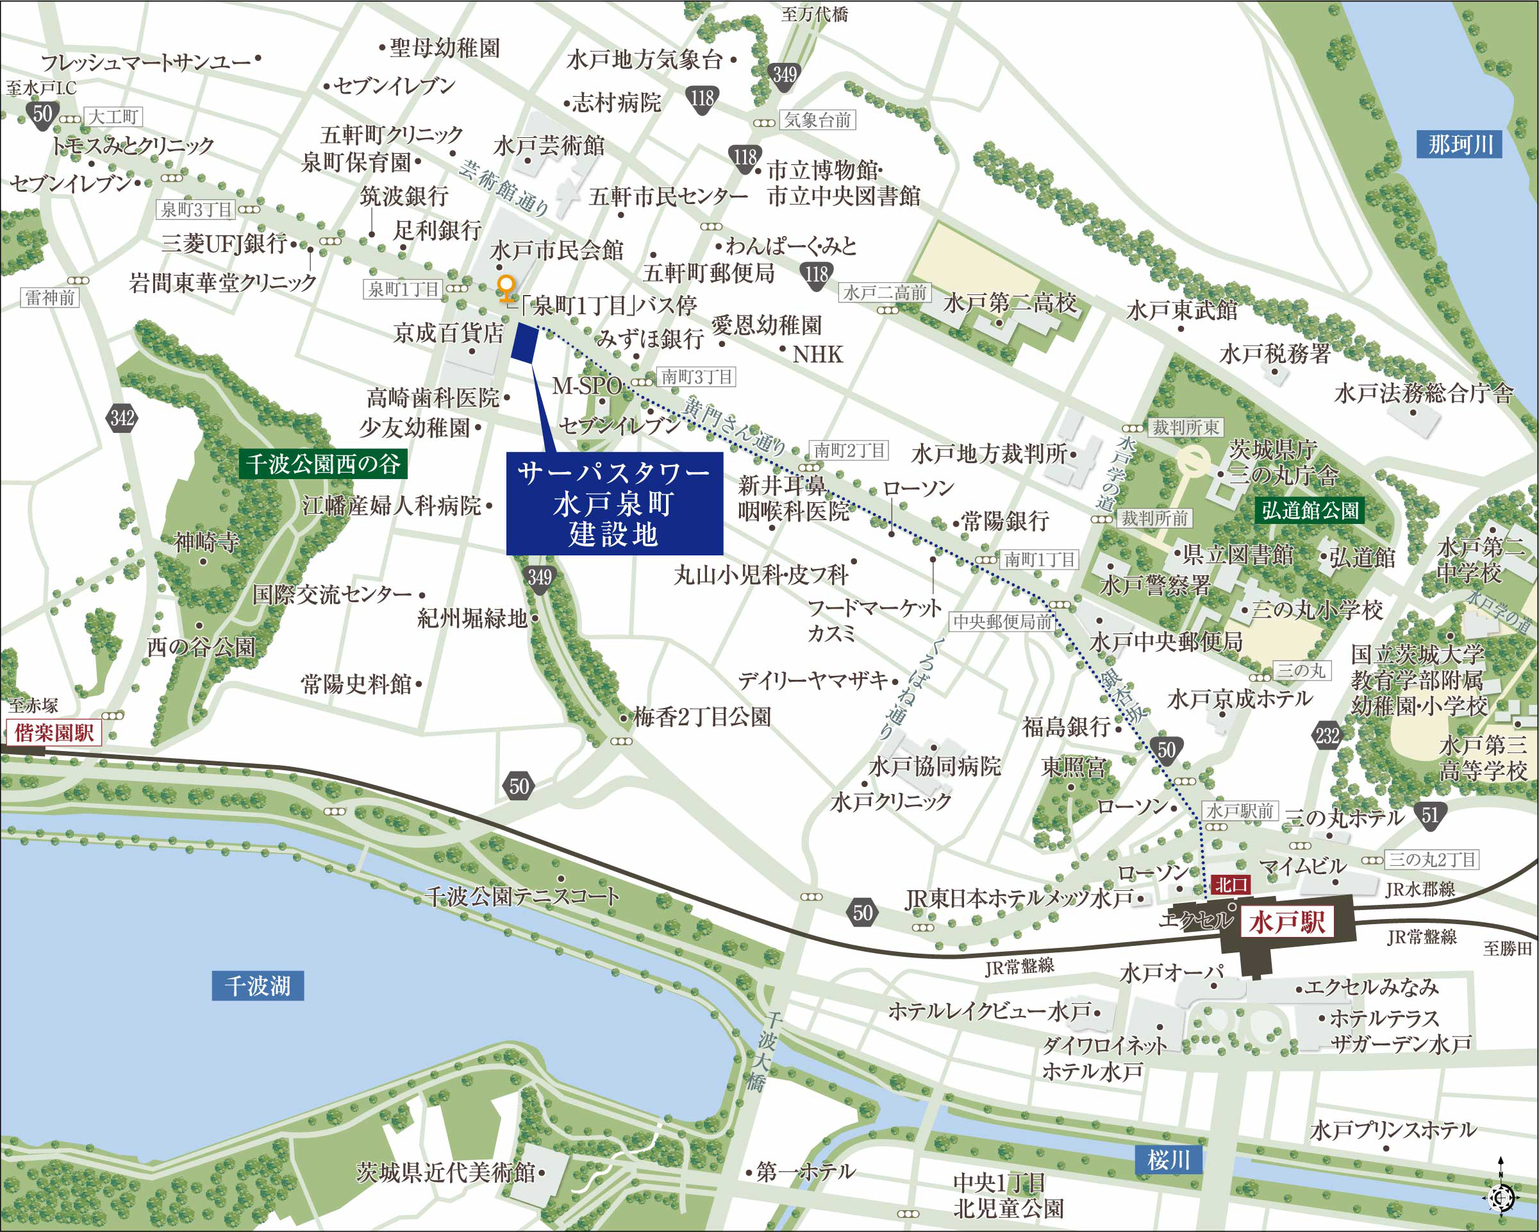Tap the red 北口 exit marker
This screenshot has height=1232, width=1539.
click(1231, 885)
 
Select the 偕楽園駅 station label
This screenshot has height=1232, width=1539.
click(54, 733)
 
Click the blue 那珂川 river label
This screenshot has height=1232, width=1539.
click(1459, 145)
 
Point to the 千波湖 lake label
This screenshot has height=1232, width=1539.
click(257, 986)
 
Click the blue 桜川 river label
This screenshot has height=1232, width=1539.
click(1168, 1159)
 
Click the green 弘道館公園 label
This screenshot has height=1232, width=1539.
click(1310, 510)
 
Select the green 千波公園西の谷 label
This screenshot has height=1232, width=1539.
click(322, 464)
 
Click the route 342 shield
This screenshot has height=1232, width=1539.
click(122, 418)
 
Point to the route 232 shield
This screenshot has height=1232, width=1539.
click(1327, 736)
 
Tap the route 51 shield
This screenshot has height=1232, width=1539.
click(1430, 815)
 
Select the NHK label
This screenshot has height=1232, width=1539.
click(817, 354)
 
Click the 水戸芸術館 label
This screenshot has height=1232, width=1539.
click(548, 146)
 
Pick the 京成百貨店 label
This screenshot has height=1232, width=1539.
click(448, 333)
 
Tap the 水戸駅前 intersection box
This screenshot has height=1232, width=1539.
click(1240, 811)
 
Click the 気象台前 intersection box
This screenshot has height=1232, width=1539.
click(818, 120)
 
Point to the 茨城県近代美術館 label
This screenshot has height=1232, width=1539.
click(445, 1172)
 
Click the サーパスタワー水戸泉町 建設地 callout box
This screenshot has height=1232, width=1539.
click(614, 503)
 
